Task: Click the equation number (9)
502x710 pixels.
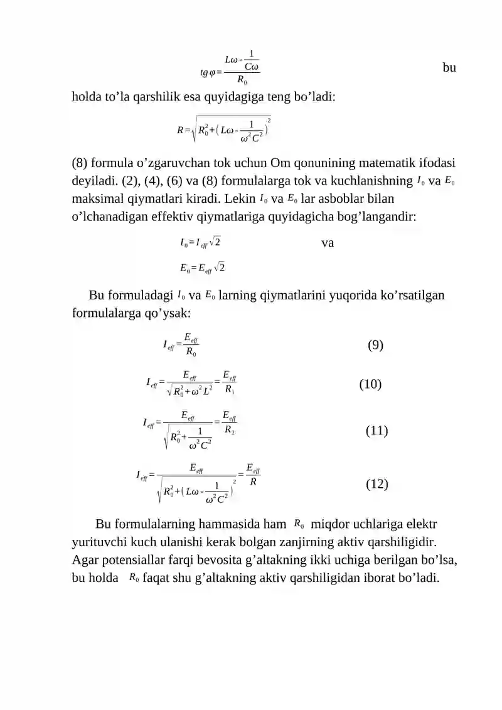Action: pyautogui.click(x=375, y=345)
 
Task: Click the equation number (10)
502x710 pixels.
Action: pyautogui.click(x=370, y=384)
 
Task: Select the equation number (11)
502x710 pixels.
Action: pyautogui.click(x=376, y=431)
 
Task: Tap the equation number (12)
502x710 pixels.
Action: pyautogui.click(x=376, y=484)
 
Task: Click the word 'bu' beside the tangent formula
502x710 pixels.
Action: pyautogui.click(x=449, y=68)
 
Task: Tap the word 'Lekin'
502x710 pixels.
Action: pyautogui.click(x=237, y=199)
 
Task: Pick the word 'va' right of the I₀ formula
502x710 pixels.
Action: pyautogui.click(x=327, y=243)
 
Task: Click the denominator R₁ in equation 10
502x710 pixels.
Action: pyautogui.click(x=229, y=390)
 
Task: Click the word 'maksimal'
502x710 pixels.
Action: pyautogui.click(x=100, y=199)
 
